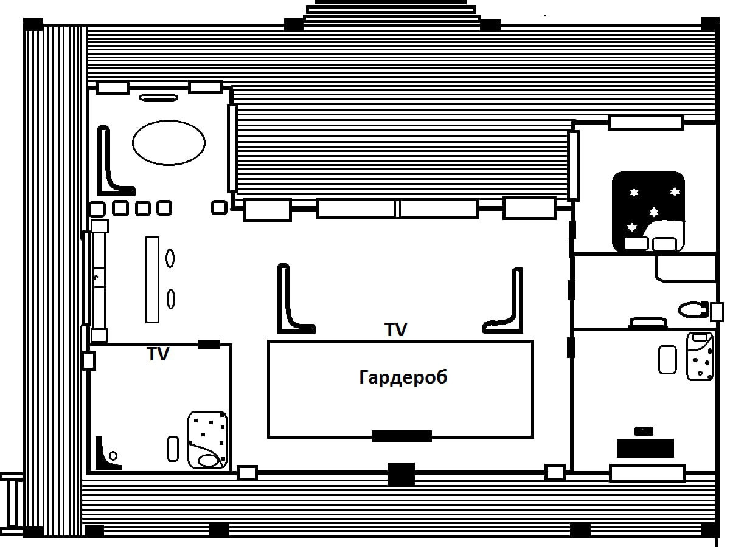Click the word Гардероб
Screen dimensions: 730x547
click(403, 377)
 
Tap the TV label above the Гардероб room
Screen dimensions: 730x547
click(395, 329)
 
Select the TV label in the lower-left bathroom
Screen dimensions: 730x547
click(158, 354)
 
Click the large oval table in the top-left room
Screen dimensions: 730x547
click(169, 143)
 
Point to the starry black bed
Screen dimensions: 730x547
click(648, 212)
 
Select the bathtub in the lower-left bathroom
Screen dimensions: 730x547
click(207, 439)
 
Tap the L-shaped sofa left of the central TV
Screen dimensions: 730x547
click(292, 304)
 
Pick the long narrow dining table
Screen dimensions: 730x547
click(152, 280)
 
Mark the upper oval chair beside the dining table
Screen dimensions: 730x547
click(170, 258)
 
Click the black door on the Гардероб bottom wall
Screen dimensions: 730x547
click(401, 436)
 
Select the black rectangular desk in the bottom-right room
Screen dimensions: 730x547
click(645, 448)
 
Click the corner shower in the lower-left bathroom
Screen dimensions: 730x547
click(107, 455)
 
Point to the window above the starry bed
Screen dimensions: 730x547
click(645, 122)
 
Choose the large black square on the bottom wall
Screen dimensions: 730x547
click(401, 474)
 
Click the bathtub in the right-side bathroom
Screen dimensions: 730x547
click(700, 356)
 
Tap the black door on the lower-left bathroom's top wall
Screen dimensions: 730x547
click(209, 345)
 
